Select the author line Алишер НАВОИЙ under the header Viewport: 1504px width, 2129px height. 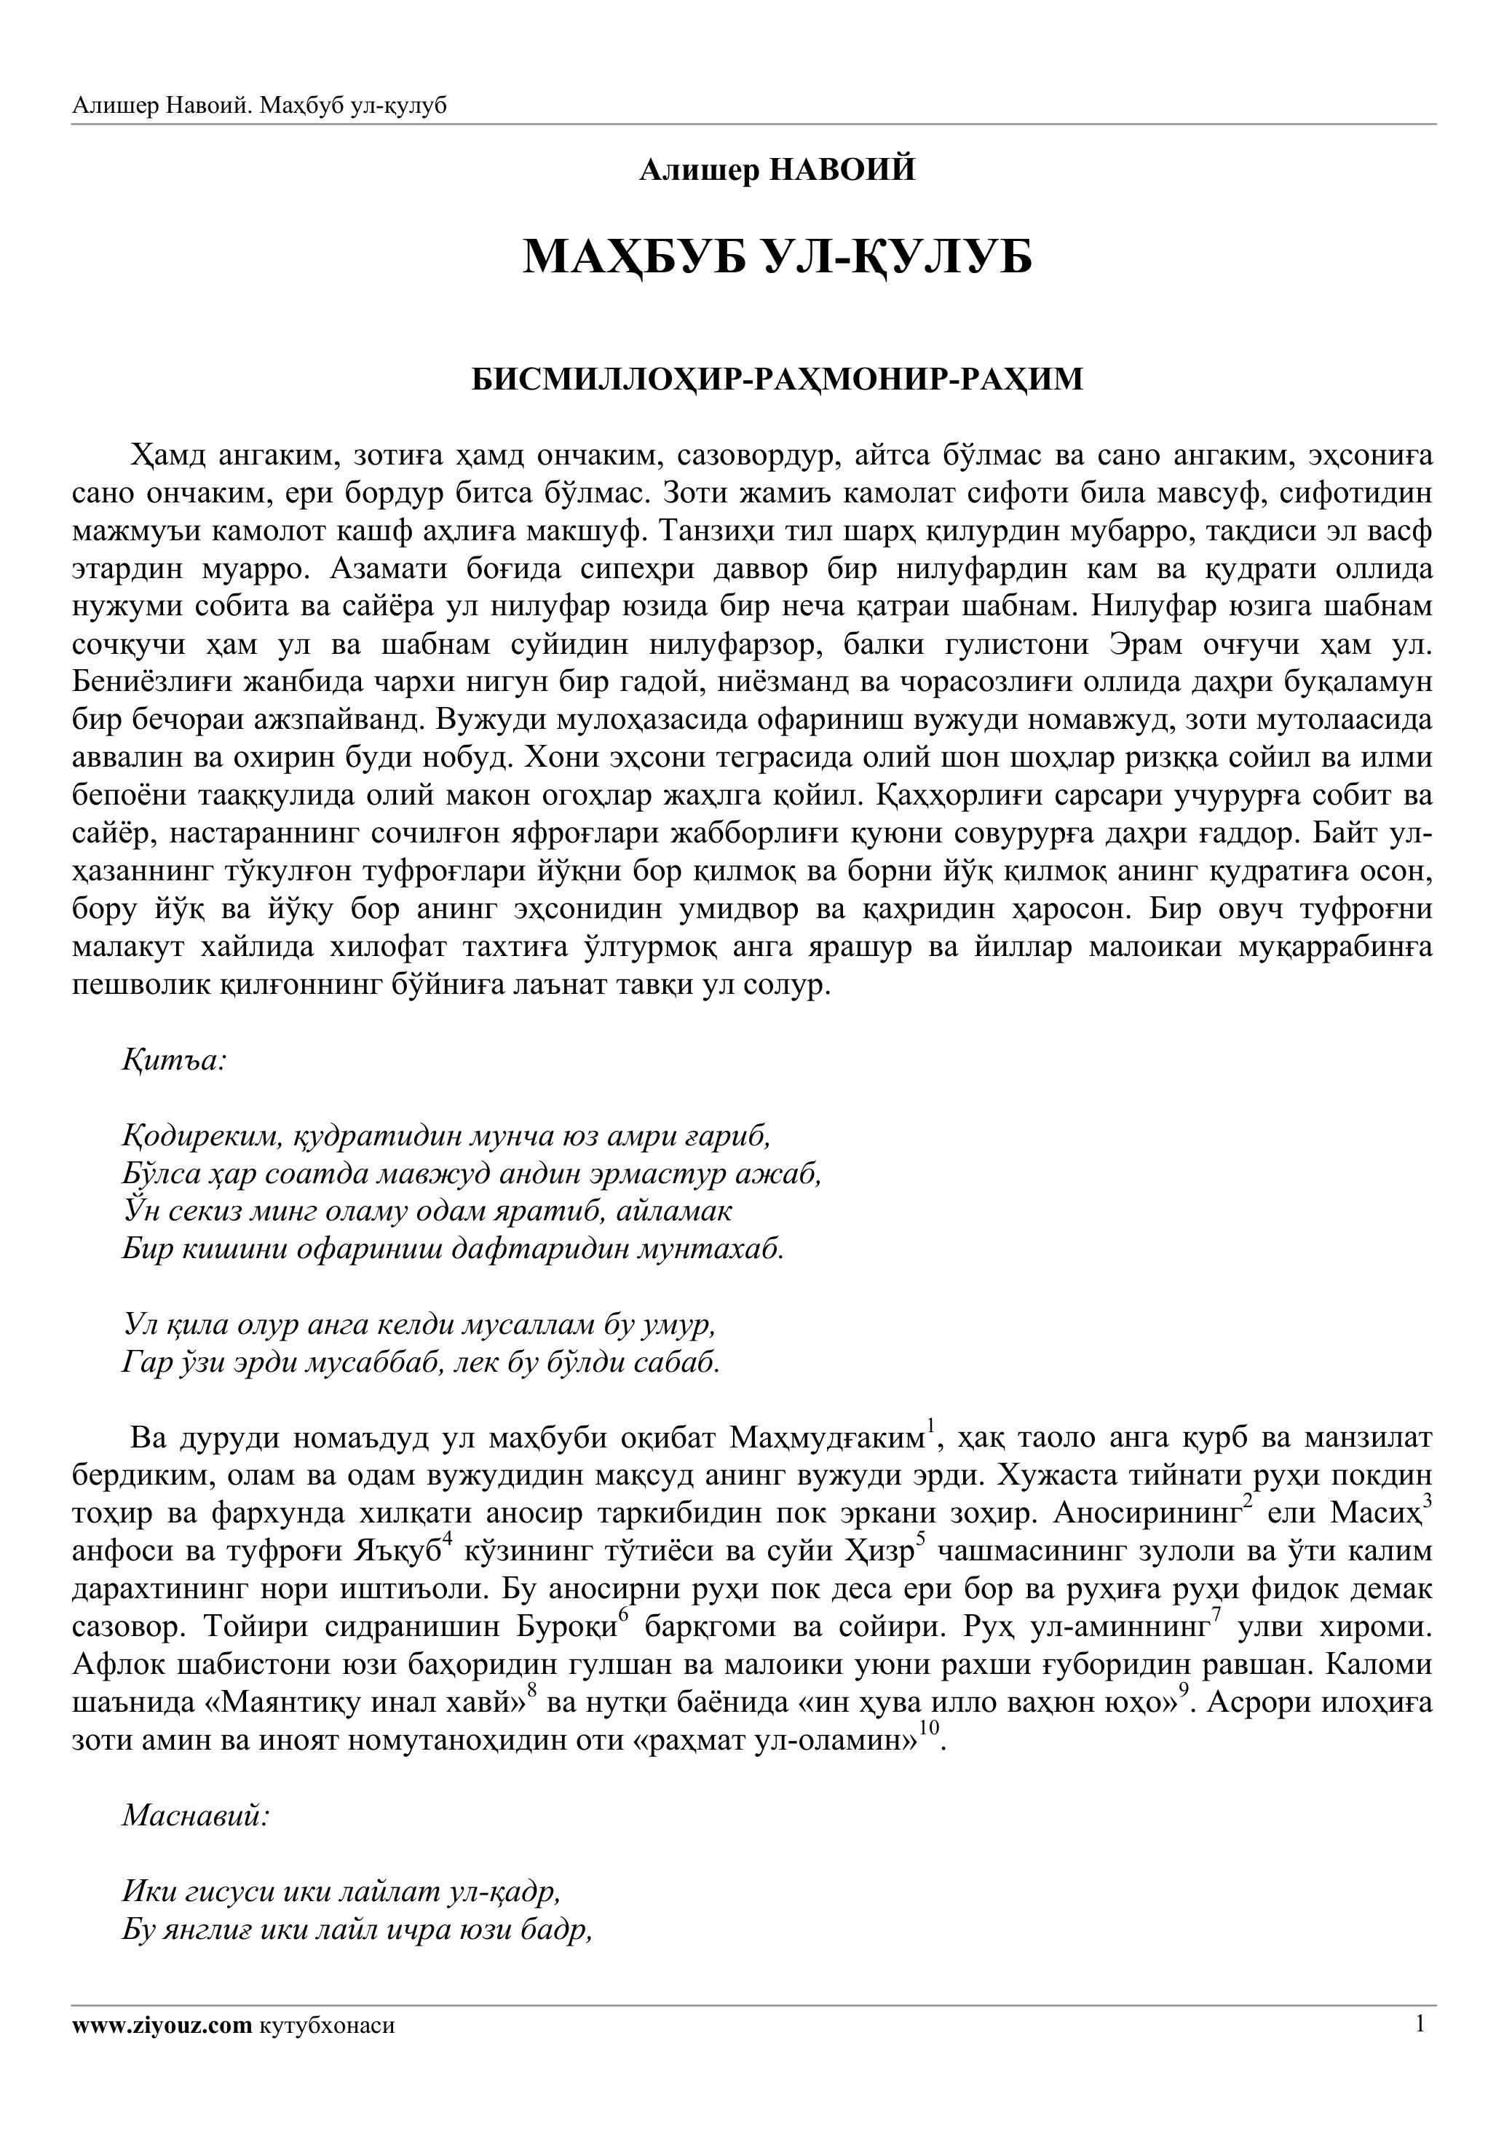coord(777,170)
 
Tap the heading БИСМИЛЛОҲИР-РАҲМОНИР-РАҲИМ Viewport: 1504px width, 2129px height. coord(777,380)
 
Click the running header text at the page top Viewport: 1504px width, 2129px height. coord(260,106)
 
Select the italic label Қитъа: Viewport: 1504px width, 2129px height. coord(174,1060)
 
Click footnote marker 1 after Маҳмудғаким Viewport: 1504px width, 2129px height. coord(931,1425)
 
